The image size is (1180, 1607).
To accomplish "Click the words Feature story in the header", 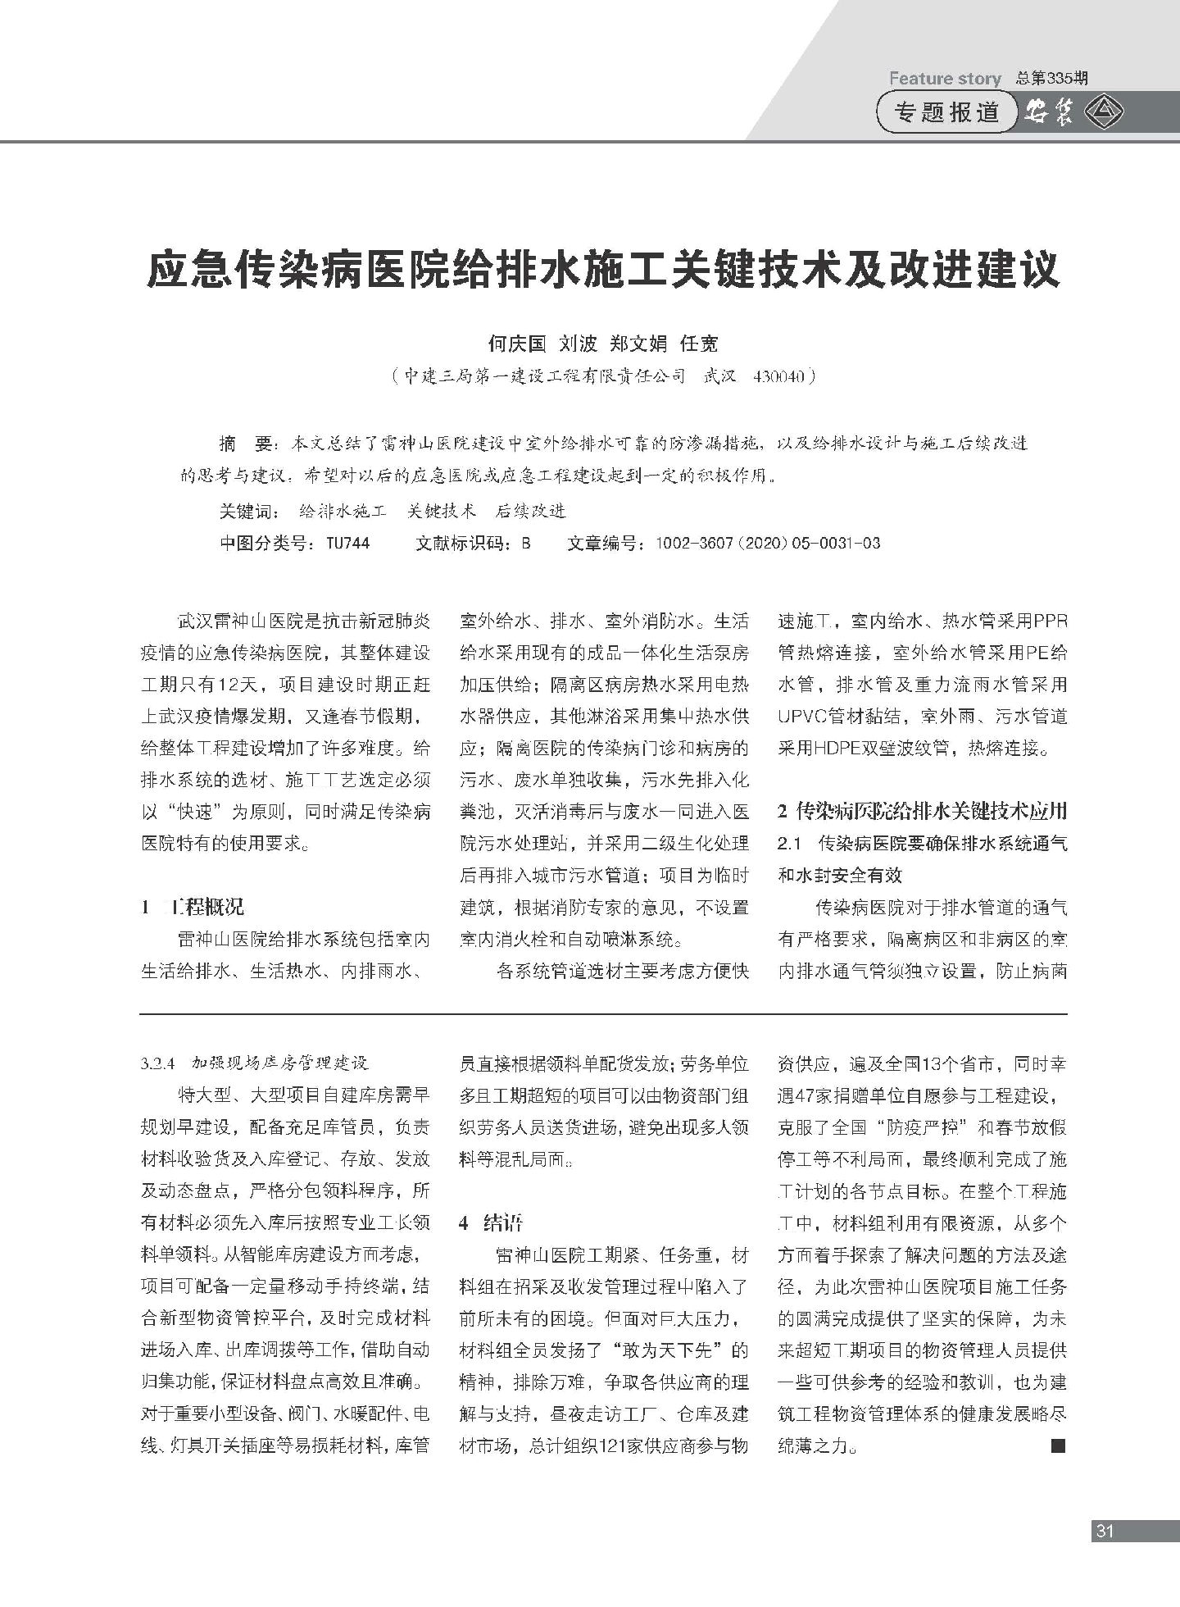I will point(945,79).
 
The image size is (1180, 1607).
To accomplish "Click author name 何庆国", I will point(516,344).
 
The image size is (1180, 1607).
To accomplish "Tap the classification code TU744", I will point(347,543).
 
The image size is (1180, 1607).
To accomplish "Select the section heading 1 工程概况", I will point(193,907).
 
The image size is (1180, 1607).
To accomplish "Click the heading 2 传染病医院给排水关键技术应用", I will point(922,811).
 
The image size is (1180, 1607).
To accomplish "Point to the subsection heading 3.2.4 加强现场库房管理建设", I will point(255,1063).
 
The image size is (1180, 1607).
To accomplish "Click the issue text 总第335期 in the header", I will point(1052,79).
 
